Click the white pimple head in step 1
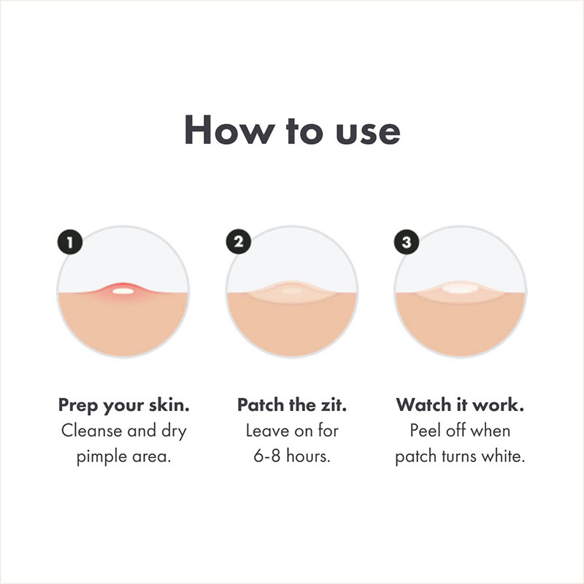[x=123, y=291]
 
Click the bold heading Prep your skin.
[x=123, y=404]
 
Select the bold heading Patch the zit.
[x=292, y=404]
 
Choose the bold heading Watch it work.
[x=460, y=404]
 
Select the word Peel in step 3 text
[x=425, y=431]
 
